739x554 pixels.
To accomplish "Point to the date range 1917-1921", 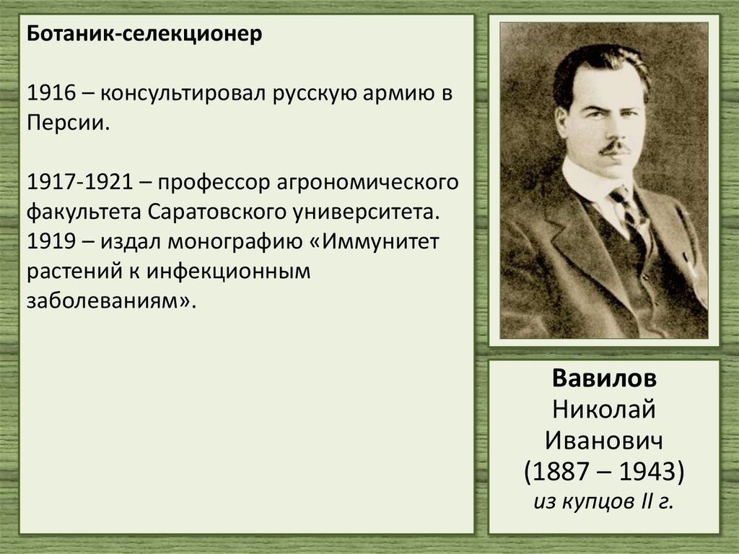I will pyautogui.click(x=83, y=181).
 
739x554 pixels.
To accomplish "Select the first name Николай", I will pyautogui.click(x=605, y=410).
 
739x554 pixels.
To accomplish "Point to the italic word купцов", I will pyautogui.click(x=595, y=501).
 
